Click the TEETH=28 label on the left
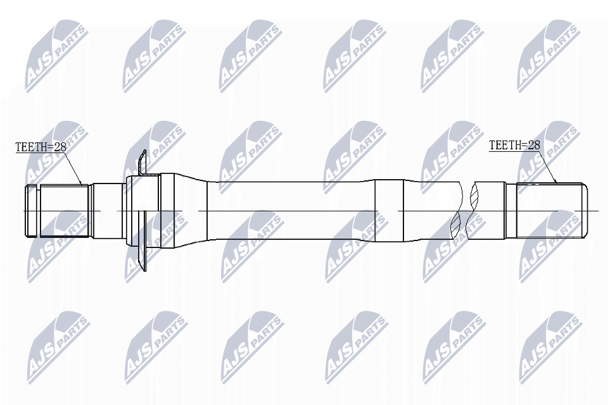[x=41, y=147]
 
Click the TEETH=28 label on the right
[x=514, y=145]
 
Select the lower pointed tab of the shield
[x=142, y=256]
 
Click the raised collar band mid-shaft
[x=388, y=210]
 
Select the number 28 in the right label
[x=533, y=145]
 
